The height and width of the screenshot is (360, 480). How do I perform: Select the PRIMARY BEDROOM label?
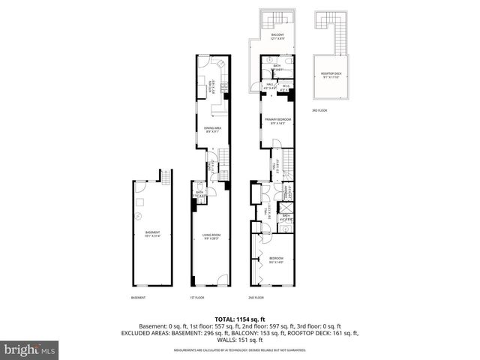(277, 121)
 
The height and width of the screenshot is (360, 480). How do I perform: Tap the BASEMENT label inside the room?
(152, 233)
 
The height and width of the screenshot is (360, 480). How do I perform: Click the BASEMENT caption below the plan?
(138, 298)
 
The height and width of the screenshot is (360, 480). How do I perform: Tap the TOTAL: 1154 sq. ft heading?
(240, 319)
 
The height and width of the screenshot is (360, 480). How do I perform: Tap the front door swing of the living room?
(223, 281)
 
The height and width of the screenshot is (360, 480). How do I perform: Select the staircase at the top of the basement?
(165, 177)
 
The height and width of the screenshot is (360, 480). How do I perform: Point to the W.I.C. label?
(286, 87)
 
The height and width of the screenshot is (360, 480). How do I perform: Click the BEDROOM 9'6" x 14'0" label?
(277, 261)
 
